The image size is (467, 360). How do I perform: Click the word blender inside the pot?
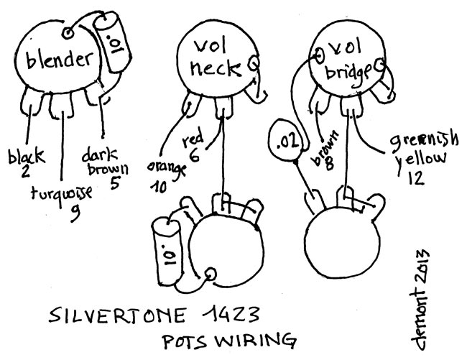pyautogui.click(x=60, y=61)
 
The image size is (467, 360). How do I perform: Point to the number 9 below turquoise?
pyautogui.click(x=75, y=212)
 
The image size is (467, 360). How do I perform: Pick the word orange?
pyautogui.click(x=169, y=168)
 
